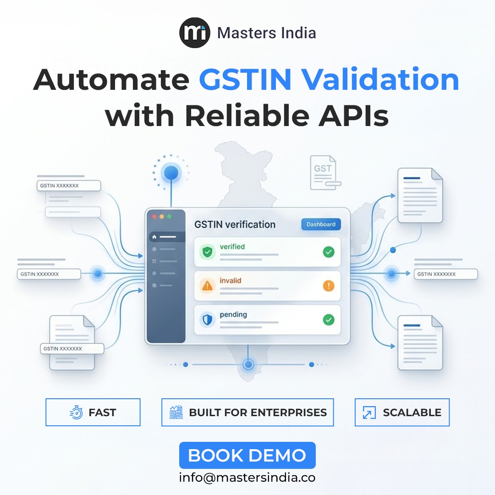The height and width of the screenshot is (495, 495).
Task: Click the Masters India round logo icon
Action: tap(194, 33)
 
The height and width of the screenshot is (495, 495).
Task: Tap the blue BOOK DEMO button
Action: tap(247, 455)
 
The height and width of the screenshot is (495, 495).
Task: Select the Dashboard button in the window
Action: tap(321, 224)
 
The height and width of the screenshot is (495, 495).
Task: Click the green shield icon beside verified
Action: tap(207, 252)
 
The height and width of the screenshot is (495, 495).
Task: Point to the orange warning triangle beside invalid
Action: tap(207, 286)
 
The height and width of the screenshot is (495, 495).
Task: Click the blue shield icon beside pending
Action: tap(207, 319)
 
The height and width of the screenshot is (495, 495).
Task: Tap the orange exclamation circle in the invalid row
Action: tap(329, 286)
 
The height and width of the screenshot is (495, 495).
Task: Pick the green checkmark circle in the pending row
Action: tap(329, 319)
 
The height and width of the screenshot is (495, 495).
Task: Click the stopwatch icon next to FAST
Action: tap(76, 412)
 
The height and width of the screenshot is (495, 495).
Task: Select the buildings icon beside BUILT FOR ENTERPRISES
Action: tap(176, 412)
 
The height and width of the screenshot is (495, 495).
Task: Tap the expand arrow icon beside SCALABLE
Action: tap(369, 412)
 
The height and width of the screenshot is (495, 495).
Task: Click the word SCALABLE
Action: tap(412, 412)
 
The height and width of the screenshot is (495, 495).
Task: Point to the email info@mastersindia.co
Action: tap(247, 477)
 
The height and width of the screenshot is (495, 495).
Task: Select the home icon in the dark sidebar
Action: tap(154, 237)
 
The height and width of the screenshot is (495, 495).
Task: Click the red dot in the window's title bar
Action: tap(154, 216)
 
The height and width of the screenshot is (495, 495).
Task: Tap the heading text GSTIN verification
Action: tap(235, 225)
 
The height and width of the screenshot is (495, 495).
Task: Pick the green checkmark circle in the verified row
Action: tap(329, 252)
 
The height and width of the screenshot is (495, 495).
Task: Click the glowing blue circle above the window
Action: tap(171, 173)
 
